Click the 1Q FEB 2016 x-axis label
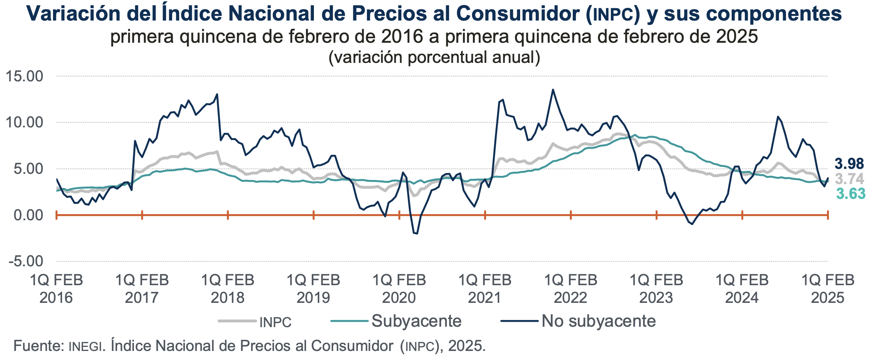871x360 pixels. (56, 288)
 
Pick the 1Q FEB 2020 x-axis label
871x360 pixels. (399, 288)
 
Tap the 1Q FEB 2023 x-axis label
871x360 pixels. (656, 288)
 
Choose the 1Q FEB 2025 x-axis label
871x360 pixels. (827, 288)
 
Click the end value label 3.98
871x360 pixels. (849, 164)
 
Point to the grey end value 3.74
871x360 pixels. (849, 179)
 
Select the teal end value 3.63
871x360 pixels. (850, 194)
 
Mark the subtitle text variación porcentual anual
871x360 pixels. (434, 57)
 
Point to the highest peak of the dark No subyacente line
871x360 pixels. (553, 90)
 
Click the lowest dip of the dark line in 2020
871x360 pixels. (417, 233)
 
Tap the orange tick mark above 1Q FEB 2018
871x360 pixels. (228, 215)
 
